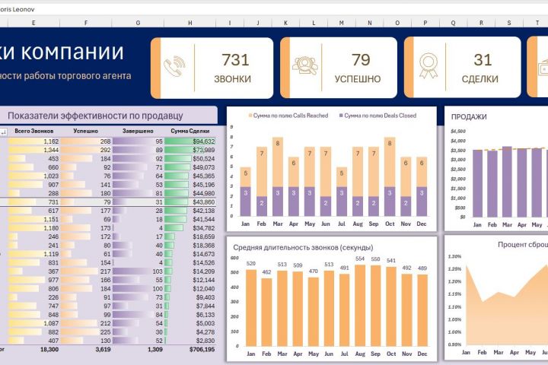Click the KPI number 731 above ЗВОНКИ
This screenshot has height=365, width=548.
click(x=235, y=60)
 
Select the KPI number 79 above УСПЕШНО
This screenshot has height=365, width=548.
click(x=361, y=60)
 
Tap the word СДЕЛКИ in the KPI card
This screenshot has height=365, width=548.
click(x=479, y=78)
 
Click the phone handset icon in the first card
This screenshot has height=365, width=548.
click(x=174, y=68)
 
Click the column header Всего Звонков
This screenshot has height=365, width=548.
click(x=33, y=132)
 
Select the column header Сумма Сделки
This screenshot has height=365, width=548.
click(x=190, y=132)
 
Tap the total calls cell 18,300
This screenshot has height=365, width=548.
click(x=46, y=350)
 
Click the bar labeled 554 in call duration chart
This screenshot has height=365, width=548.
click(x=360, y=304)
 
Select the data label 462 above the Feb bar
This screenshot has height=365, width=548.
click(x=267, y=271)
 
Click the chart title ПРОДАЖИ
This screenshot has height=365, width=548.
click(x=469, y=117)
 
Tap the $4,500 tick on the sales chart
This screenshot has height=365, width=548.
click(x=457, y=131)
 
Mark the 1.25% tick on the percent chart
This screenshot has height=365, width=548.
click(x=455, y=268)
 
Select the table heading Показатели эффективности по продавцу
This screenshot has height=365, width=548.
click(x=95, y=116)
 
